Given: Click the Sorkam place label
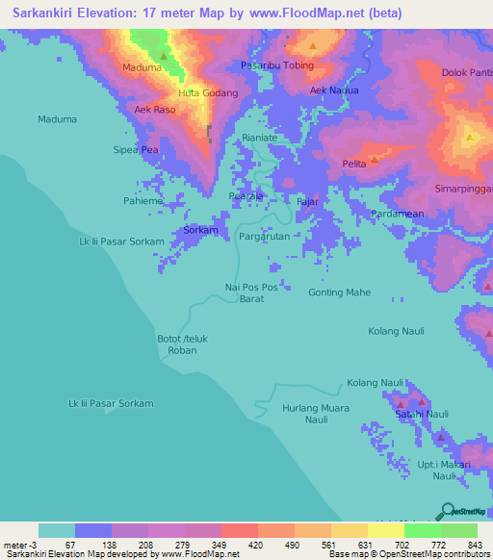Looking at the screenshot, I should click(x=200, y=232).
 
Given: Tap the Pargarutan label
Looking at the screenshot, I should click(x=264, y=236).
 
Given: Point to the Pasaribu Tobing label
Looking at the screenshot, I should click(x=278, y=65).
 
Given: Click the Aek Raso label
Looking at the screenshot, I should click(x=155, y=111).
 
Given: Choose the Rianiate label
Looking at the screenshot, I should click(x=259, y=138).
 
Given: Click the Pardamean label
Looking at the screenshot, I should click(x=398, y=214).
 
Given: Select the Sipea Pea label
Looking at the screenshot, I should click(x=136, y=150).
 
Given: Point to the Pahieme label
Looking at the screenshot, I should click(x=143, y=201).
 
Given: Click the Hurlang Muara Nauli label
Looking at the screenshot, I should click(x=315, y=414).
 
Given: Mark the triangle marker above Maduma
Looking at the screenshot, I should click(x=163, y=56).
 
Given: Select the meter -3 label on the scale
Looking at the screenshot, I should click(x=18, y=545).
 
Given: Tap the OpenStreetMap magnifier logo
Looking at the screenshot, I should click(x=446, y=512).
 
